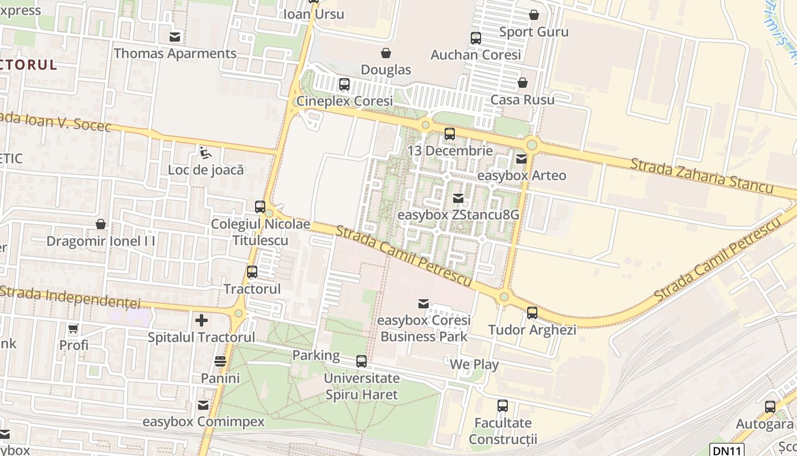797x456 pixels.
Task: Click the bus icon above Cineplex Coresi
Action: [x=344, y=84]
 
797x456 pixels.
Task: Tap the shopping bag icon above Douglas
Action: [x=386, y=53]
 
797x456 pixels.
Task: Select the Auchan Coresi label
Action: [x=476, y=55]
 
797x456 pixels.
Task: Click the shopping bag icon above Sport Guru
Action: [x=534, y=15]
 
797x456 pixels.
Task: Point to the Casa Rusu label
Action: [x=522, y=100]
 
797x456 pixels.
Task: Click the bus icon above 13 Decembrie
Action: [x=450, y=134]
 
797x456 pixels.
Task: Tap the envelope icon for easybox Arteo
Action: [x=521, y=159]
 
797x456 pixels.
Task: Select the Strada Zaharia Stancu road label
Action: [x=701, y=176]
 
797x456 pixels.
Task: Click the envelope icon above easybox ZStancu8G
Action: [x=458, y=198]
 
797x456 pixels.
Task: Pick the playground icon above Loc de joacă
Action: [x=206, y=153]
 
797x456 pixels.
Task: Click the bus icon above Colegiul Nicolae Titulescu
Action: [x=260, y=207]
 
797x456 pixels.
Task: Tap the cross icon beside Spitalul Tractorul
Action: [x=202, y=320]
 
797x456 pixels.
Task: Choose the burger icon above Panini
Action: [x=220, y=361]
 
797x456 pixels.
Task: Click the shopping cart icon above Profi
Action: [x=73, y=329]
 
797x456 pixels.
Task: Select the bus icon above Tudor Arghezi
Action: [x=532, y=313]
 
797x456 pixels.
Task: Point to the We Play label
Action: [x=474, y=364]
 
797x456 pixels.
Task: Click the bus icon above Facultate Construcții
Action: [x=503, y=406]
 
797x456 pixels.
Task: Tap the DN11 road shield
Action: [x=727, y=450]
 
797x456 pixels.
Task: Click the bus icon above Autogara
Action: [x=770, y=407]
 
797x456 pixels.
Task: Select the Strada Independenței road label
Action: [x=70, y=296]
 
